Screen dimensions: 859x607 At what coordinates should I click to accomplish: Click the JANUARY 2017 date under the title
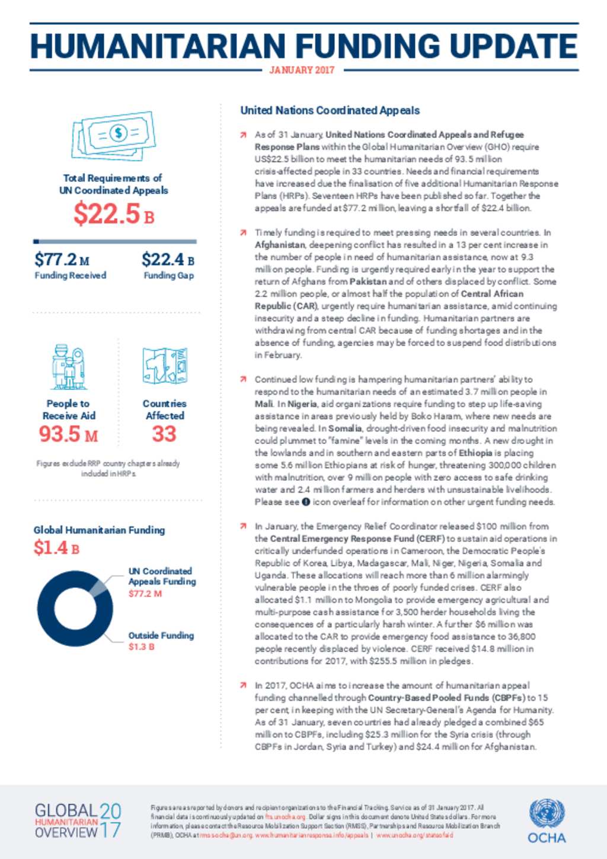tap(302, 70)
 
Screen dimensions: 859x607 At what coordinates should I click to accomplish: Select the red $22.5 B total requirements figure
tap(114, 214)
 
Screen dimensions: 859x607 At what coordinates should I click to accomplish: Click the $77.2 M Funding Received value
tap(62, 260)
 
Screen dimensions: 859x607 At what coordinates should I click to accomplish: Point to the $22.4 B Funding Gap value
tap(168, 260)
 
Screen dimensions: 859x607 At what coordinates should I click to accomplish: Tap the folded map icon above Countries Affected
tap(164, 366)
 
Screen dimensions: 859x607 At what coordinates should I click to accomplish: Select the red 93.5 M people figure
tap(68, 434)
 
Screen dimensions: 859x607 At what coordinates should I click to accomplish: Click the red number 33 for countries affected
tap(164, 434)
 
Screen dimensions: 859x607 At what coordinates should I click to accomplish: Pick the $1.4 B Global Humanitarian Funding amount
tap(56, 548)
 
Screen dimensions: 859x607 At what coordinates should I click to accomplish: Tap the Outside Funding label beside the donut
tap(161, 635)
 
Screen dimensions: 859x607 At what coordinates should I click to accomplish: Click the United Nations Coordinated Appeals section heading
tap(330, 110)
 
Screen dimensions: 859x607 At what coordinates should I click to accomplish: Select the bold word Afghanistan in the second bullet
tap(280, 245)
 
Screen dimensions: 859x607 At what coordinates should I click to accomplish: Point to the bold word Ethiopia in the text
tap(475, 453)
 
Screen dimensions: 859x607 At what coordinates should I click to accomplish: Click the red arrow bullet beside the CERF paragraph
tap(243, 526)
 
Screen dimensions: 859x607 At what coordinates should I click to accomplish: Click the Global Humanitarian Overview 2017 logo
tap(78, 821)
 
